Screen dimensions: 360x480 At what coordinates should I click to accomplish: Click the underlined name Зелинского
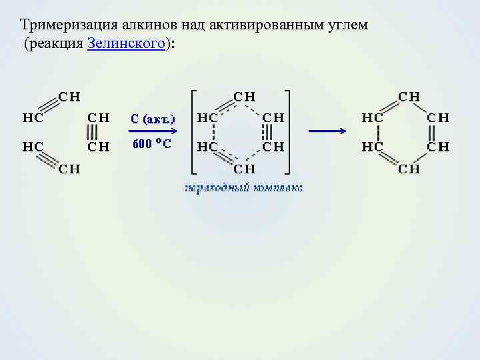pos(126,43)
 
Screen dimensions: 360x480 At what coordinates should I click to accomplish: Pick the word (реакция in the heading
pos(55,43)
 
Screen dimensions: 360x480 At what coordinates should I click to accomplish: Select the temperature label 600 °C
pos(152,144)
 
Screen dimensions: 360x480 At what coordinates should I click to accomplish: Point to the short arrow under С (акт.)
pos(153,131)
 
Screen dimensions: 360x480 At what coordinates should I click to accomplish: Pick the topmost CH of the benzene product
pos(409,96)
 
